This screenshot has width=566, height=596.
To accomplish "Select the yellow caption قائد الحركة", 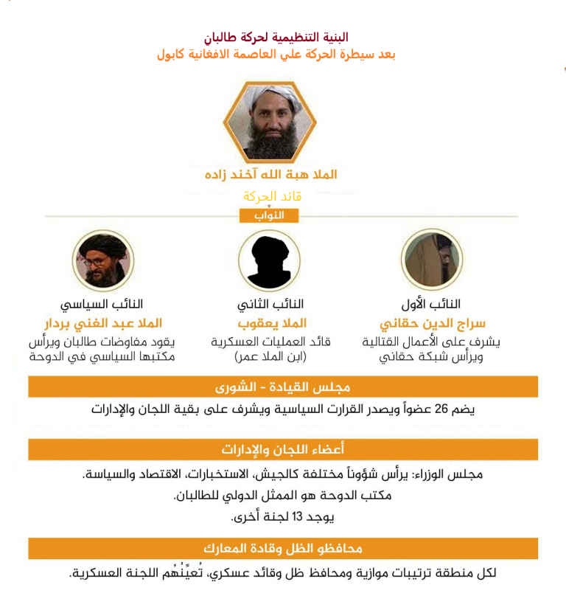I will (273, 196).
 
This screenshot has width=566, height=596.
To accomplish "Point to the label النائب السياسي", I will (101, 304).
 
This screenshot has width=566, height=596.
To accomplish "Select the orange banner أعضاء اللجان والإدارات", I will (282, 449).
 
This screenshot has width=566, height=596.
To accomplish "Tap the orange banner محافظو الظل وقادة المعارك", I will (282, 548).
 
